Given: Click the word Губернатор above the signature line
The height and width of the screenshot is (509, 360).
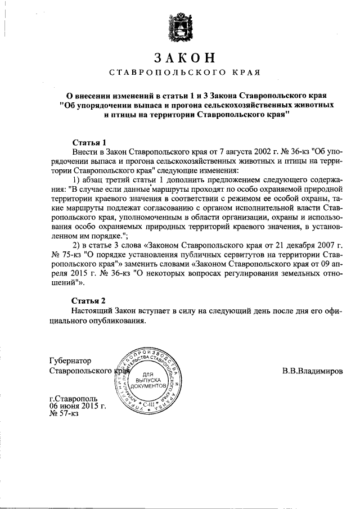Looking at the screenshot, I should tap(70, 361).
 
